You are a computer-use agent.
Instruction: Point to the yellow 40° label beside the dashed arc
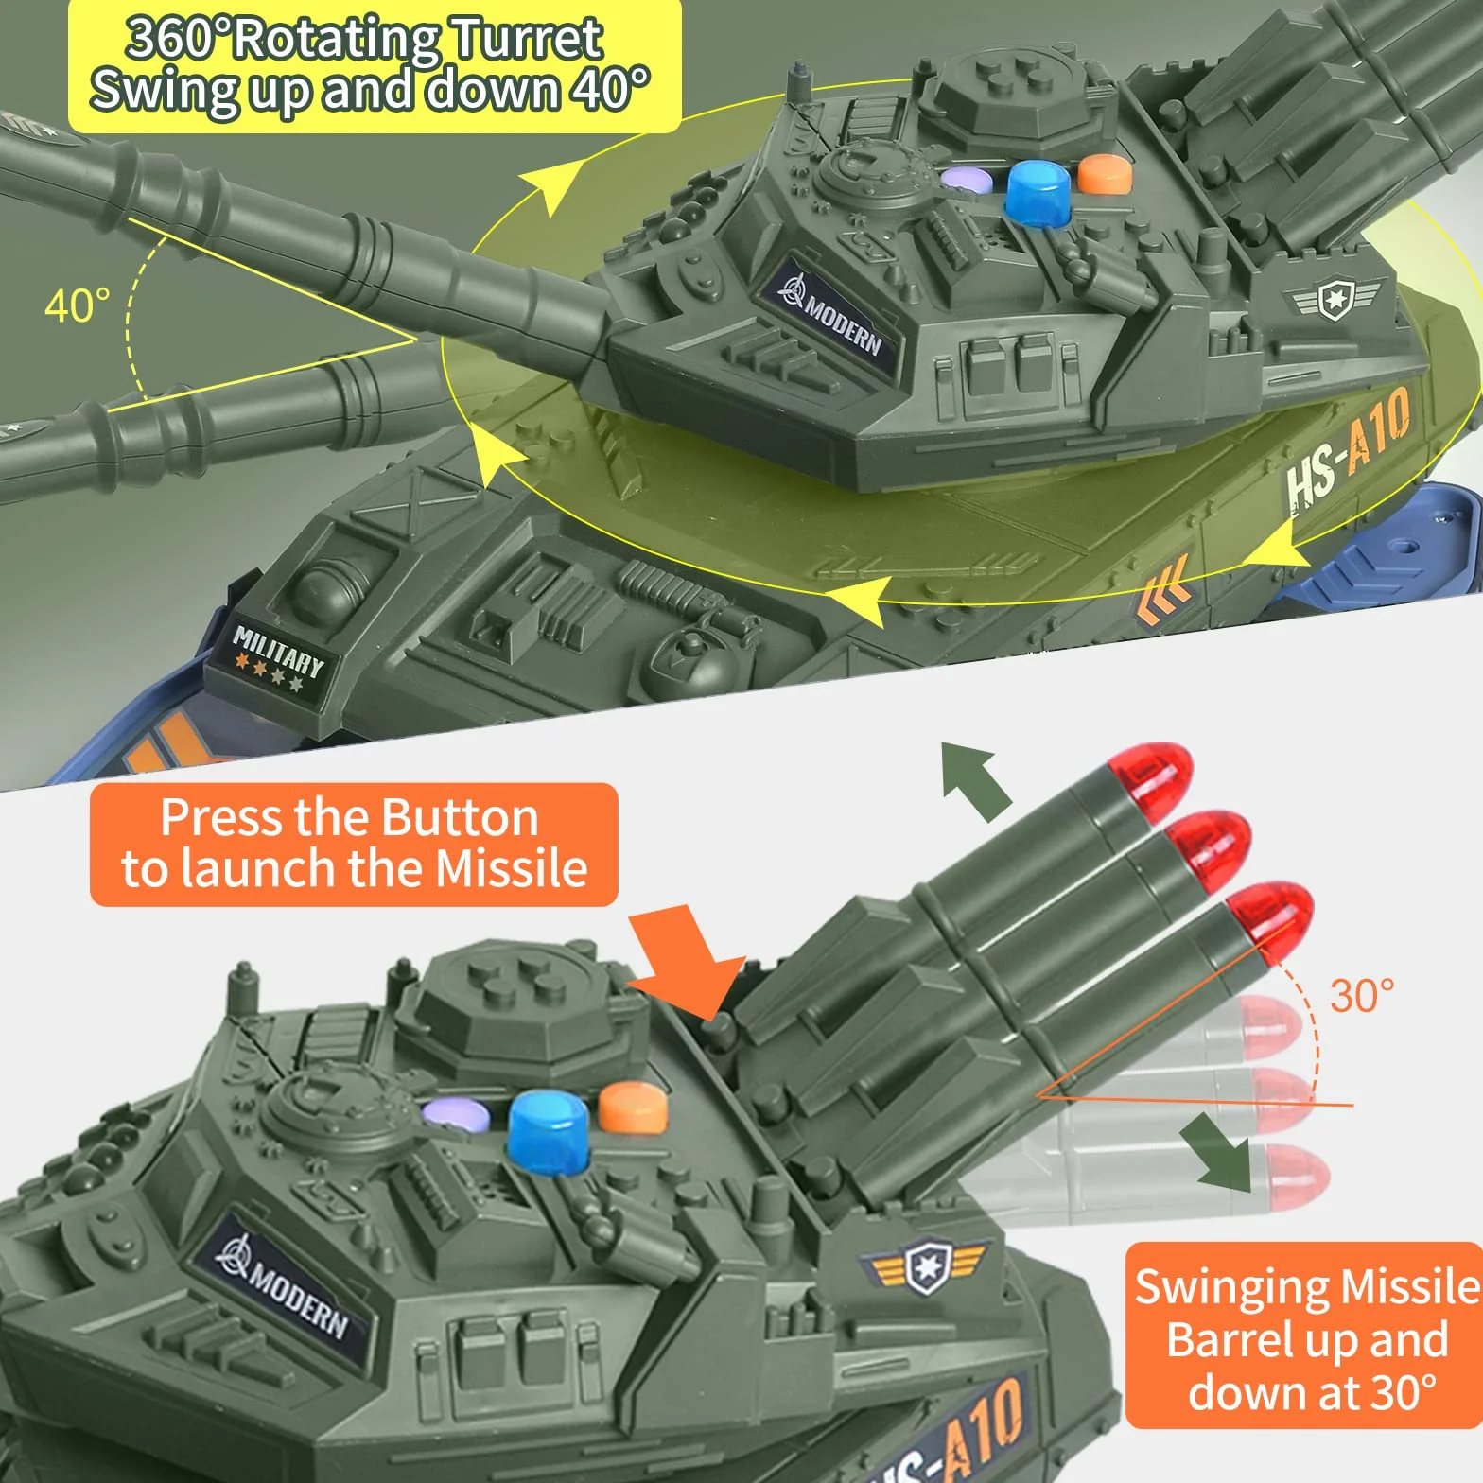coord(77,305)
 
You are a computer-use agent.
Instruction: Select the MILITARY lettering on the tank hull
coord(279,650)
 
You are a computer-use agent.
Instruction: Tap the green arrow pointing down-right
coord(1222,1149)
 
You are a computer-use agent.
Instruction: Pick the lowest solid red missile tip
coord(1272,921)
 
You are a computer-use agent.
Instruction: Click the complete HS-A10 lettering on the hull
coord(1348,450)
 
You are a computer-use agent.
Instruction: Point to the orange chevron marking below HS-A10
coord(1163,590)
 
